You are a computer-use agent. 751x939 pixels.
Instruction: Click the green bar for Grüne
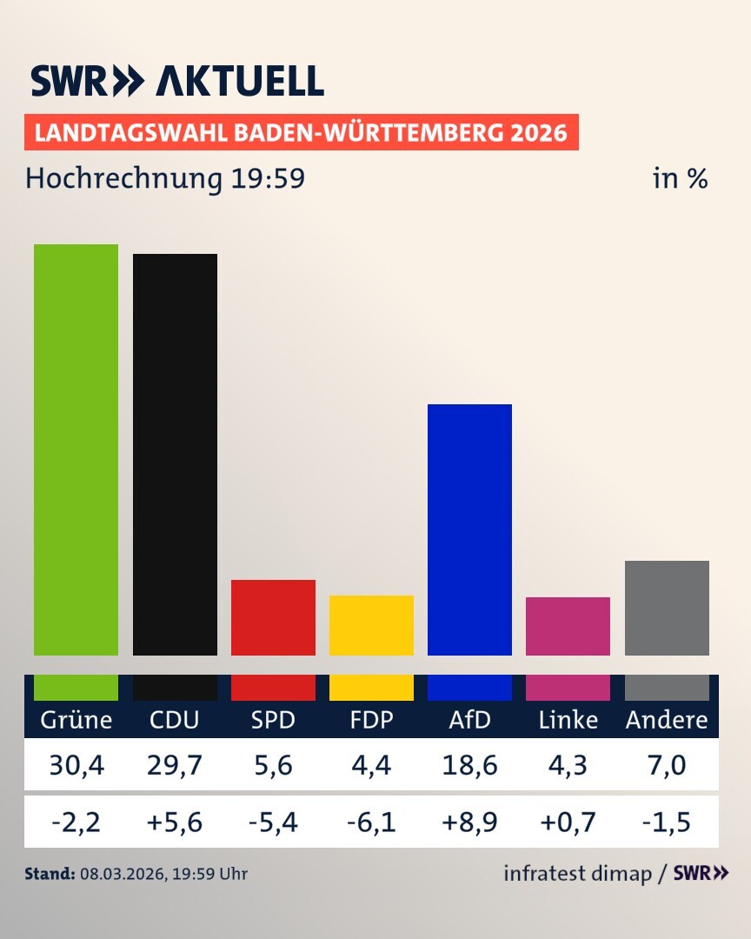[76, 450]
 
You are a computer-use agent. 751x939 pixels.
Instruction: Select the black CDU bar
[175, 454]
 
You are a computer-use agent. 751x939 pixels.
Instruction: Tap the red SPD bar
[273, 617]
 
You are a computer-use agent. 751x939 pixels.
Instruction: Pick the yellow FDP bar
[371, 625]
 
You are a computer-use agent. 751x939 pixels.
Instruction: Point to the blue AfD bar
[469, 529]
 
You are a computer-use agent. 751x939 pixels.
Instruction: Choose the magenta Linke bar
[568, 626]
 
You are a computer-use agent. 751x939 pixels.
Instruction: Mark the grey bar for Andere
[667, 608]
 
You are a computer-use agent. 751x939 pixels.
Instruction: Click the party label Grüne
[76, 720]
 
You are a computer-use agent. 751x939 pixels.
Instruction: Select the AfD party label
[469, 720]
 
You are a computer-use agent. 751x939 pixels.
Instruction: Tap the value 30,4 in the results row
[76, 765]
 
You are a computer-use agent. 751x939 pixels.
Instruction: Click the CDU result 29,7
[175, 765]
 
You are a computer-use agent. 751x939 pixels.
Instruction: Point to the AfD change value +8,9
[469, 821]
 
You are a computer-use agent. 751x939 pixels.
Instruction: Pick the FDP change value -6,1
[371, 821]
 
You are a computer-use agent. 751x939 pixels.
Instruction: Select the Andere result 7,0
[667, 765]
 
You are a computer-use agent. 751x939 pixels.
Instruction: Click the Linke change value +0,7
[568, 821]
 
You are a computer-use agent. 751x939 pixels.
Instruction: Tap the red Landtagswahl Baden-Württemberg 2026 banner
[301, 133]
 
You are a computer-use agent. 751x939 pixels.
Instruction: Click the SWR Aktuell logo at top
[177, 81]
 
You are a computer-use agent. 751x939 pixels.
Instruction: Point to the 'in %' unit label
[680, 179]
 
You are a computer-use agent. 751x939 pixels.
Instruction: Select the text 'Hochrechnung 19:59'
[165, 179]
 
